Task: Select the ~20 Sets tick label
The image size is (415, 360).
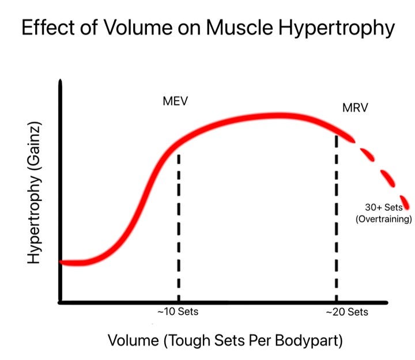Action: pos(346,313)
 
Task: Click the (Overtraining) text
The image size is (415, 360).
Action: pos(384,219)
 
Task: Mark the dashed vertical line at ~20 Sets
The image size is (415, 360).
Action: pos(337,219)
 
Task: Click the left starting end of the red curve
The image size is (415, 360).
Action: pos(63,263)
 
